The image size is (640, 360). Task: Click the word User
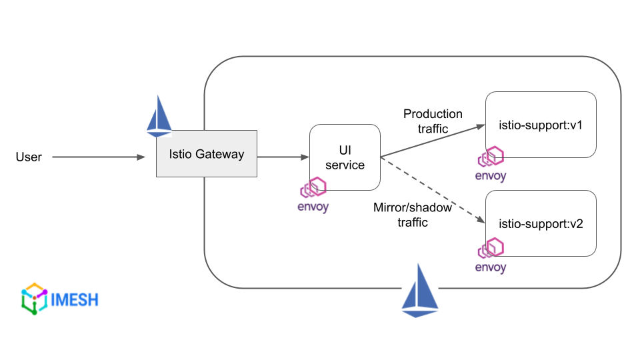[x=29, y=157]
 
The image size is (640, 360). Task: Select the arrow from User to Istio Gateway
[x=98, y=157]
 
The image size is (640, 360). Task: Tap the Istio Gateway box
[x=207, y=154]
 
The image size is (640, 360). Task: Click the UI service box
[x=345, y=157]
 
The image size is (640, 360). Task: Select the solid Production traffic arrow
[x=432, y=141]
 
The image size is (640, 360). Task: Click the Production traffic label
[x=433, y=121]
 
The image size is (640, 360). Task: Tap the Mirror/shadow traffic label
[x=413, y=215]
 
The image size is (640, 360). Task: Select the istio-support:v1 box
[x=541, y=125]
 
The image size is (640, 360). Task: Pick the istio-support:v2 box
[x=541, y=223]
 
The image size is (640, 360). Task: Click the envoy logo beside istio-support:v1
[x=491, y=165]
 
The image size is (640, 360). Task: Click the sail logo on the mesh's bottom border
[x=420, y=291]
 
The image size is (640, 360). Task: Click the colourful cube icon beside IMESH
[x=35, y=298]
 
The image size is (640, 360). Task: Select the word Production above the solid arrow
[x=433, y=114]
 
